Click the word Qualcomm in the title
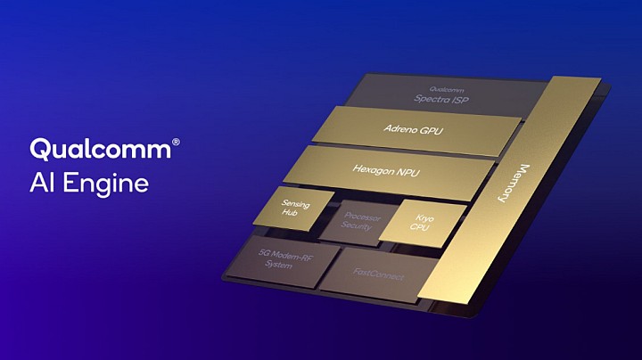(98, 149)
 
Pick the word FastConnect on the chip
(378, 275)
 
